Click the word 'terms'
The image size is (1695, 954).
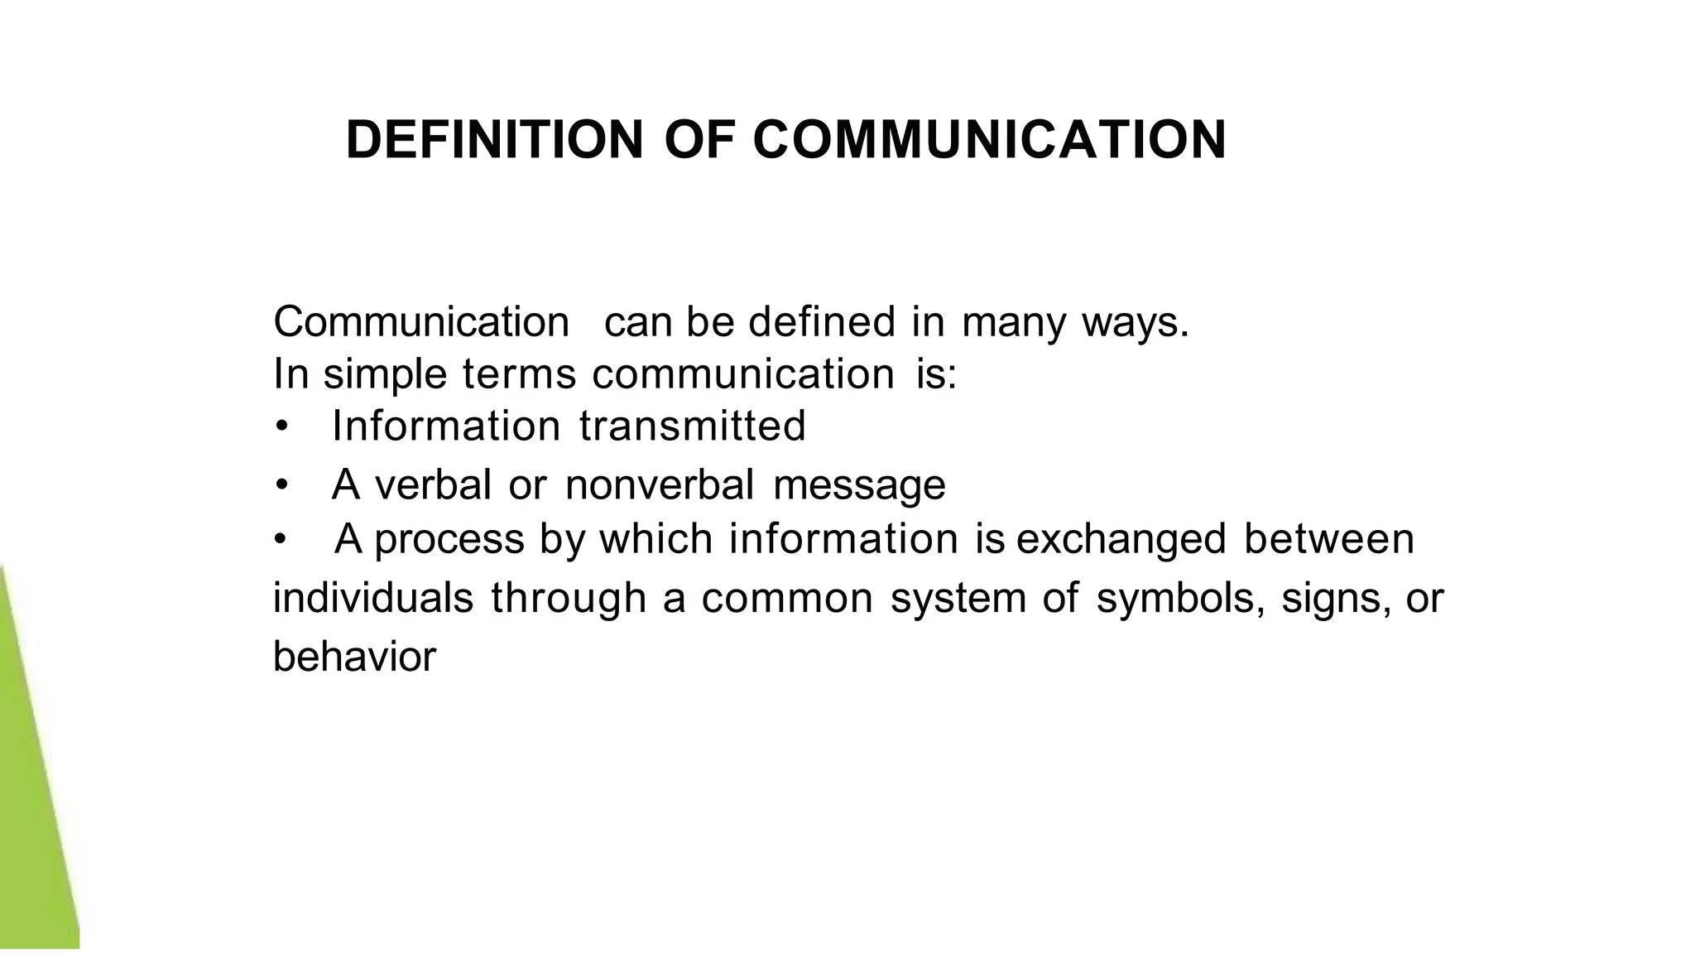[x=519, y=374]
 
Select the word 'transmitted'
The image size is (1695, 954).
[x=692, y=426]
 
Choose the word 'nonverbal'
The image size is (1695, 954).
[x=660, y=484]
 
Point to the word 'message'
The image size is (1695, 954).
[x=859, y=486]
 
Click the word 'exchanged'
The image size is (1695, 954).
[x=1121, y=540]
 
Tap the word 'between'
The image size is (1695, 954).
[x=1329, y=539]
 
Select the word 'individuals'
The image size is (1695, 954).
[x=373, y=598]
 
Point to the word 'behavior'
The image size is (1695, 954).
[x=354, y=658]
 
